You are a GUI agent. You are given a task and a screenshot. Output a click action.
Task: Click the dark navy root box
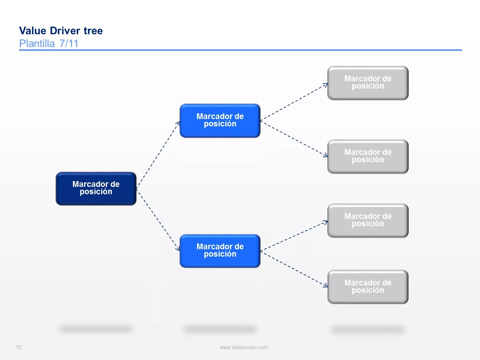tap(96, 188)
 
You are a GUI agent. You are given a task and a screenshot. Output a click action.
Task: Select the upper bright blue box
tap(220, 121)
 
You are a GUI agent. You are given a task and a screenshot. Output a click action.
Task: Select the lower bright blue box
tap(220, 251)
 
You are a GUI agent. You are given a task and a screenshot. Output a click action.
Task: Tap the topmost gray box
tap(368, 83)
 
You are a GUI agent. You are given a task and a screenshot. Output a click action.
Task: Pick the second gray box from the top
tap(368, 156)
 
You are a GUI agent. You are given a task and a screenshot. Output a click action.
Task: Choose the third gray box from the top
tap(368, 220)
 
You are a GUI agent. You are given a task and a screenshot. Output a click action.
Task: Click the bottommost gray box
tap(368, 287)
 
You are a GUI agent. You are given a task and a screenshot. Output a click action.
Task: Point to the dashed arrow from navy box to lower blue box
tap(158, 220)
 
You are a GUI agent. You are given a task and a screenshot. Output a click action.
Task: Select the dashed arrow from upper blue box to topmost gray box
tap(294, 102)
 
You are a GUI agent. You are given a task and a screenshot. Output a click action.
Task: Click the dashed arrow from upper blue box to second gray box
tap(294, 139)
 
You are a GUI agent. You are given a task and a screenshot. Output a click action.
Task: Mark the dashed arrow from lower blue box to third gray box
tap(294, 236)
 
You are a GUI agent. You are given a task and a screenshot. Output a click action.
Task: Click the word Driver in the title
tap(65, 31)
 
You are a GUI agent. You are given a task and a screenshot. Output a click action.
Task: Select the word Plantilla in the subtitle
tap(37, 44)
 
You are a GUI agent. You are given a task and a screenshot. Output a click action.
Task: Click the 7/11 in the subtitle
tap(69, 44)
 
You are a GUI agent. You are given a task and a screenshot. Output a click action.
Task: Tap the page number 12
tap(19, 347)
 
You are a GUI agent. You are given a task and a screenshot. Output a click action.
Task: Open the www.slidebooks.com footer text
tap(244, 347)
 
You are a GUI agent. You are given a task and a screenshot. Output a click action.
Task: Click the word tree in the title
tap(93, 31)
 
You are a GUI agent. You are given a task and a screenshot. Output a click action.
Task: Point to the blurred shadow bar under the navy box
tap(96, 329)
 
